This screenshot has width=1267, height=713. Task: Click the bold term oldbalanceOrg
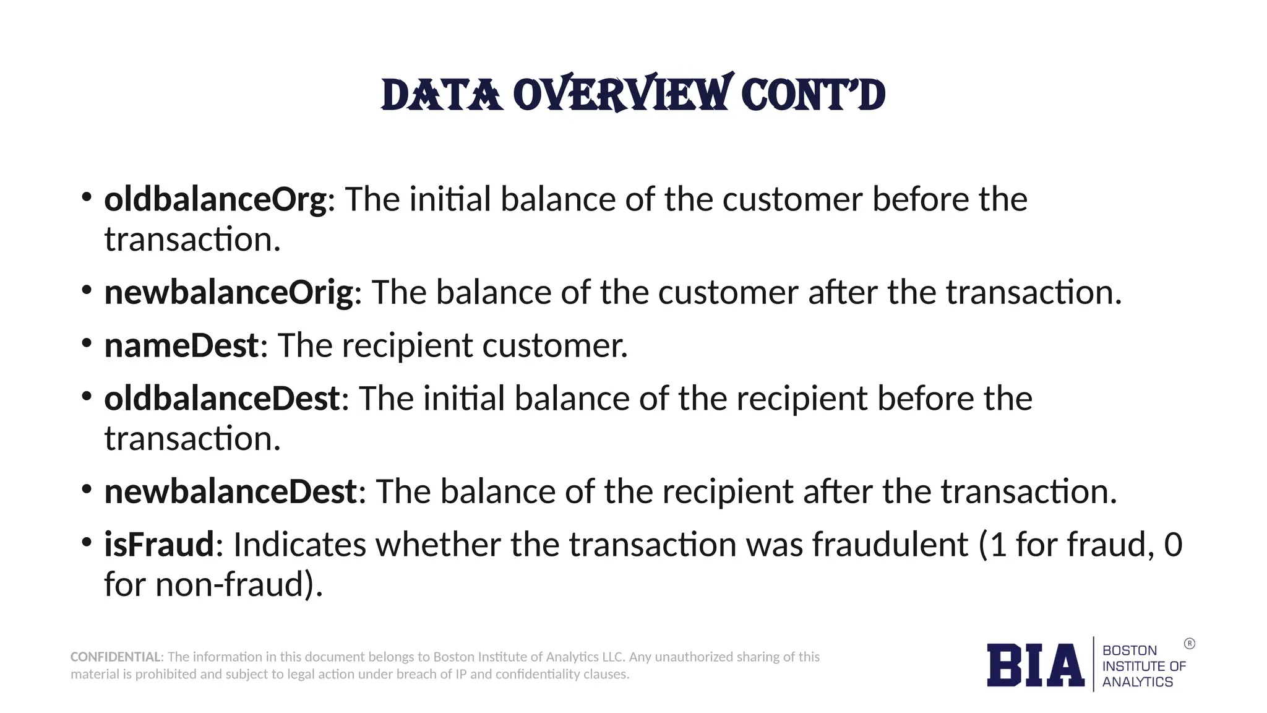coord(215,200)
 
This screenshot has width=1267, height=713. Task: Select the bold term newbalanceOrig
coord(228,292)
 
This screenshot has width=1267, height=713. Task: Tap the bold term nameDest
coord(181,345)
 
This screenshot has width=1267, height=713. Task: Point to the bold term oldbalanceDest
coord(221,399)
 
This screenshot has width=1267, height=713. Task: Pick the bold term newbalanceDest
coord(230,492)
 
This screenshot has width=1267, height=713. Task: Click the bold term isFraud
coord(159,545)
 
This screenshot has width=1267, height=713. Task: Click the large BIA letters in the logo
coord(1035,665)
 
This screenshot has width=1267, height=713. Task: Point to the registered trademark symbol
coord(1189,644)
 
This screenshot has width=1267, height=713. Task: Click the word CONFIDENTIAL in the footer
coord(116,657)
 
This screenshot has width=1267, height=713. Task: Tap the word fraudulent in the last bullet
coord(890,545)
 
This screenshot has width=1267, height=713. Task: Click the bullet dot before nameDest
coord(87,342)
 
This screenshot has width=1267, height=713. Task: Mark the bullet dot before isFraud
coord(87,542)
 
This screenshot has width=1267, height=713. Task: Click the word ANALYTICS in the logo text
coord(1137,681)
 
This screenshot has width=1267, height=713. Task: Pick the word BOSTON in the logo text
coord(1129,650)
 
